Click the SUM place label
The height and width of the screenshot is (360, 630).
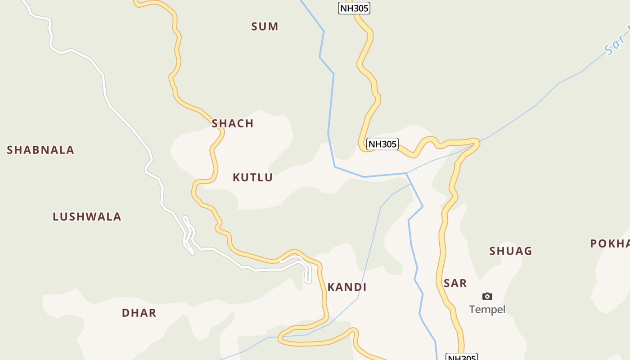(265, 27)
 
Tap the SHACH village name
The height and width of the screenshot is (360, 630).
(233, 123)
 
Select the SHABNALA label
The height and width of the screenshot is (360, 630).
(40, 150)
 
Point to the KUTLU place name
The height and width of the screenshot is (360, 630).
(252, 177)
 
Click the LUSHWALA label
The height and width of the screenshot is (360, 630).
(87, 216)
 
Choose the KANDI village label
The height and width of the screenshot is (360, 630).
(347, 287)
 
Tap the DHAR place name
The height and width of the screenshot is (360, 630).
(139, 313)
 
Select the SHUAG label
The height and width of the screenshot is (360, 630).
(511, 251)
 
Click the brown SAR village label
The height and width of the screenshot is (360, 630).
(455, 283)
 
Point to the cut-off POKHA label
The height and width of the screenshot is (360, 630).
(610, 243)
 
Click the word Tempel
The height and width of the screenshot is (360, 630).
(487, 309)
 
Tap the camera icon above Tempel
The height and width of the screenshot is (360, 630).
(487, 296)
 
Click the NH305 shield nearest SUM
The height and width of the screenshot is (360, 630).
(354, 8)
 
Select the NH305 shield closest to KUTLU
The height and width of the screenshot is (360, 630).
(382, 144)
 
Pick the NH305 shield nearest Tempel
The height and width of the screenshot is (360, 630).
(462, 357)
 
